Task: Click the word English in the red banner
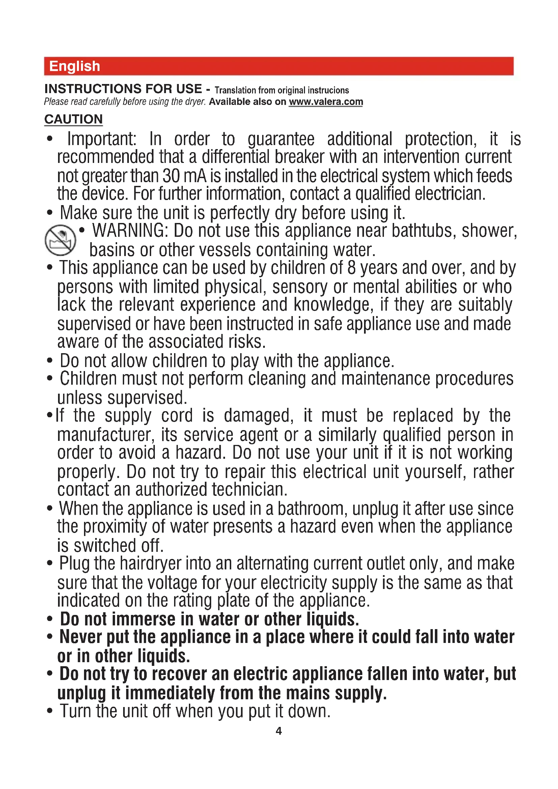(x=75, y=66)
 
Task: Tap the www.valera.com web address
(x=326, y=102)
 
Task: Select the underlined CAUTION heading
(x=74, y=119)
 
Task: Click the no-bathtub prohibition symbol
(x=60, y=240)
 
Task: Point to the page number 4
(x=279, y=731)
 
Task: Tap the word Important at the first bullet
(x=102, y=139)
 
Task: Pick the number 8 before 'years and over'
(x=352, y=268)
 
